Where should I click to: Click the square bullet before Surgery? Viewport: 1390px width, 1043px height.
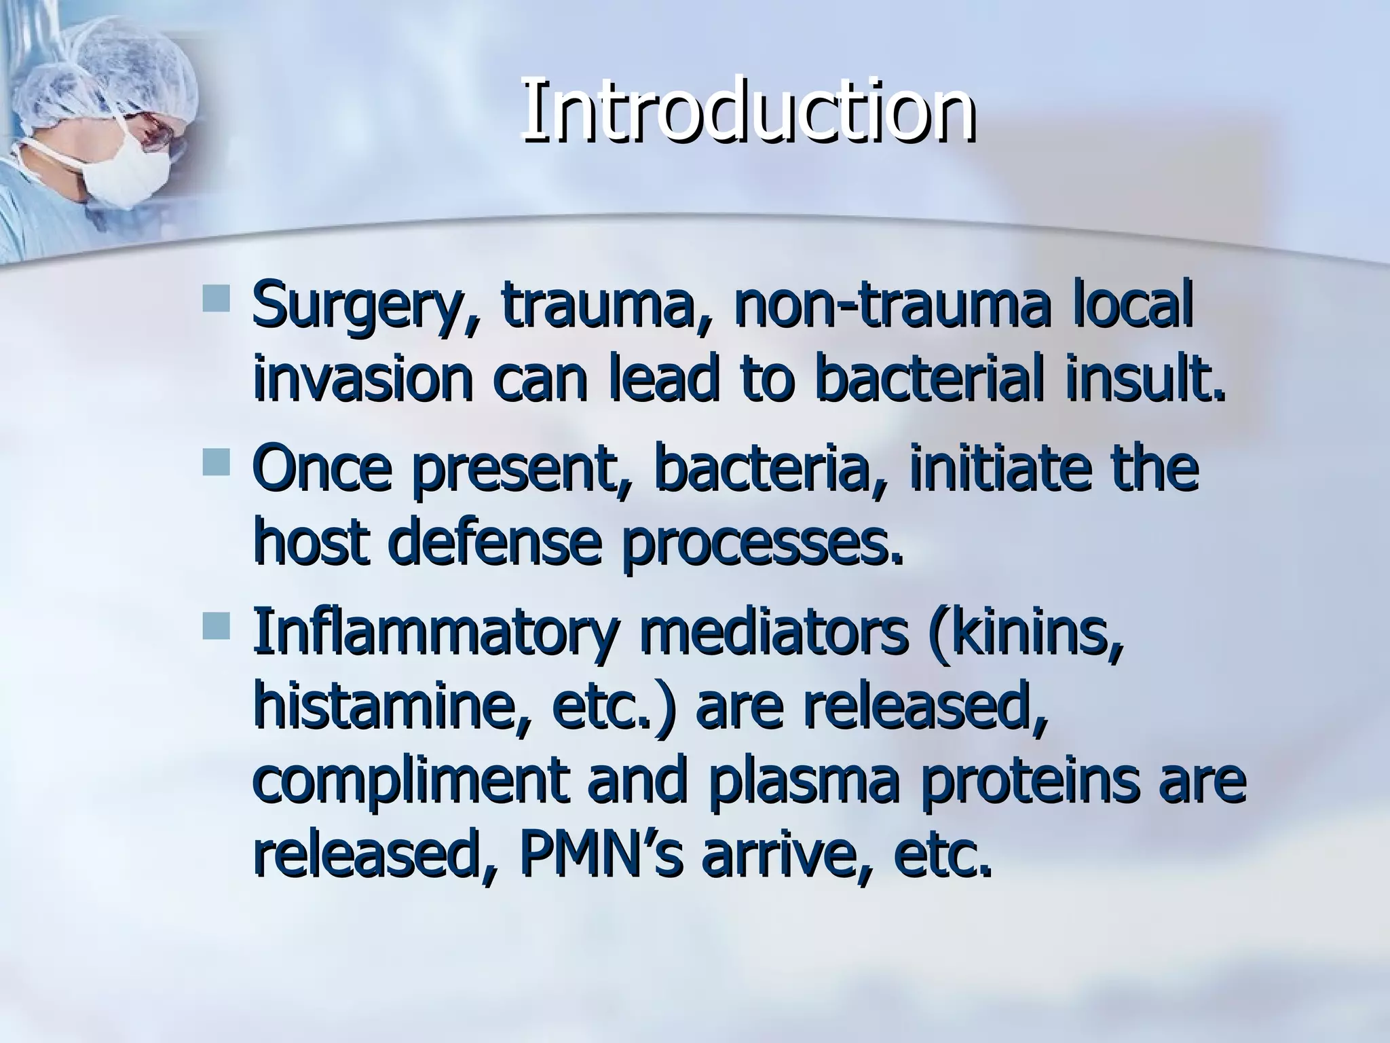(x=216, y=299)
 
